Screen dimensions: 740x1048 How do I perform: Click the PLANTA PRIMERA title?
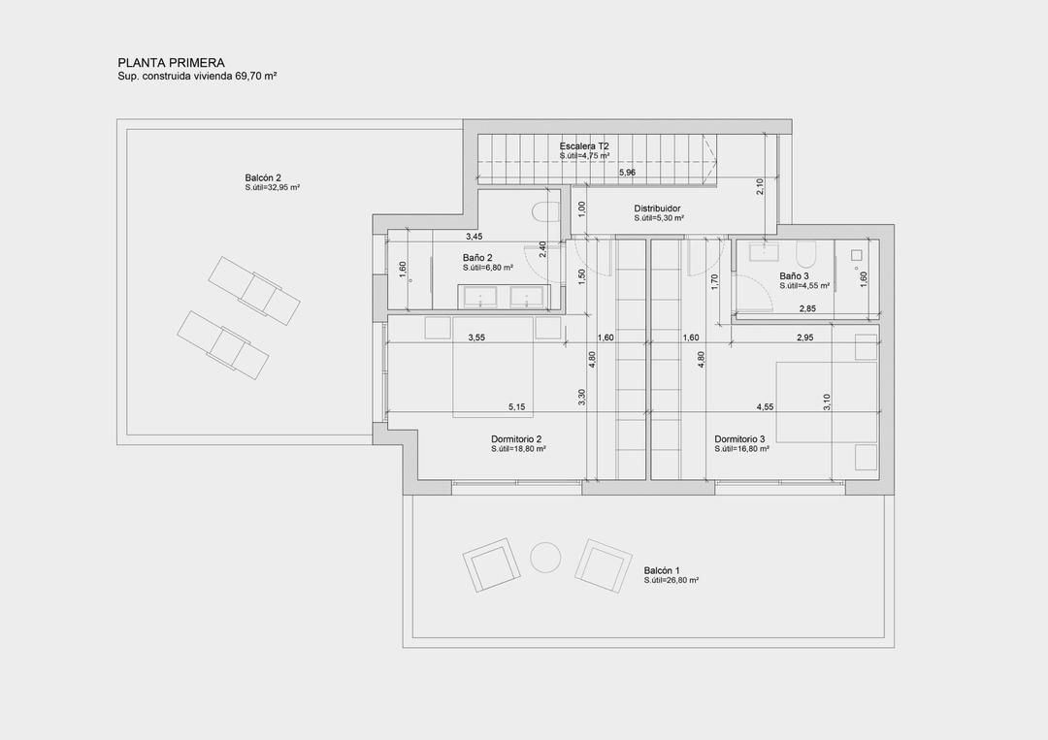click(x=171, y=63)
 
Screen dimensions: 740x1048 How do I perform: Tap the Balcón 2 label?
click(x=263, y=177)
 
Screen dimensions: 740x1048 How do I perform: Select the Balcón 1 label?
click(x=662, y=570)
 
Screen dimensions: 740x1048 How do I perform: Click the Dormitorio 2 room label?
click(x=516, y=439)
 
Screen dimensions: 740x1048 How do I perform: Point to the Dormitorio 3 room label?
click(x=740, y=439)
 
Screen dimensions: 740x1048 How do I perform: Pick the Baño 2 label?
click(x=477, y=257)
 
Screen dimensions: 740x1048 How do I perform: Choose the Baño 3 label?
click(x=794, y=276)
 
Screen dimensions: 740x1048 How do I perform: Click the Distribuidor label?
click(x=657, y=209)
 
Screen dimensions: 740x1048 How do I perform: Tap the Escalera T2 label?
click(x=584, y=145)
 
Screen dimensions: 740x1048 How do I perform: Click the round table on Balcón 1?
click(x=544, y=557)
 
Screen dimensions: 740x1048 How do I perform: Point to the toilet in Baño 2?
click(x=544, y=212)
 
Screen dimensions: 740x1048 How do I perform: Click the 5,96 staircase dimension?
click(x=627, y=172)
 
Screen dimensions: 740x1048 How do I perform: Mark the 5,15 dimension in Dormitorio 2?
click(x=517, y=406)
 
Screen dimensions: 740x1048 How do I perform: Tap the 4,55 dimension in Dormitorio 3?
click(x=766, y=406)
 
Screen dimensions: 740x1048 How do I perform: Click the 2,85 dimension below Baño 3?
click(x=807, y=308)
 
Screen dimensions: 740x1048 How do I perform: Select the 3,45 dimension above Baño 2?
click(x=474, y=236)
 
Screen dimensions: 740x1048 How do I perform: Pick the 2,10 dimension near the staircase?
click(x=760, y=187)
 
